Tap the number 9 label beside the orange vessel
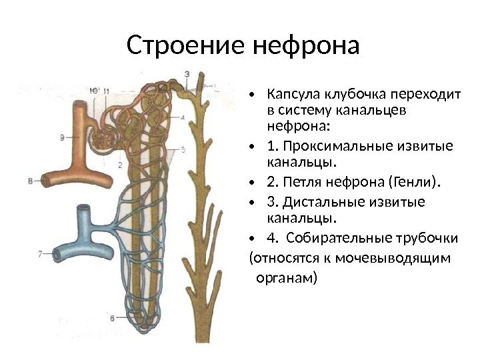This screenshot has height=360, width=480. [62, 138]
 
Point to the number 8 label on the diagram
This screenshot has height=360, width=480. [31, 180]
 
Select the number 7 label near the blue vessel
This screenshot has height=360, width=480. [40, 253]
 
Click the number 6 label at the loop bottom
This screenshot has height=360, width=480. [112, 317]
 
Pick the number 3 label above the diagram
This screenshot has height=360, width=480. [187, 73]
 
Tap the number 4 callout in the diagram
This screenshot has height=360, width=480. [183, 117]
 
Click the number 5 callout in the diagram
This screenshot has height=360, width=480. [183, 149]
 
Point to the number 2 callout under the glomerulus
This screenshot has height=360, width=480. [119, 164]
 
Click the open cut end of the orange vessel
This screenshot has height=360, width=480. [46, 180]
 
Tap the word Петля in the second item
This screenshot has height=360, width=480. [301, 181]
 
